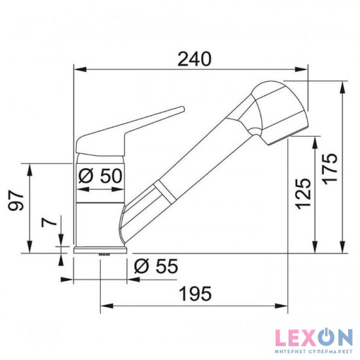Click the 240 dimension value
click(x=194, y=59)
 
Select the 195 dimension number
click(x=196, y=294)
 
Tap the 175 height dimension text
click(x=331, y=168)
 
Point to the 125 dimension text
click(x=303, y=194)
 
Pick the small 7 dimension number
click(x=49, y=223)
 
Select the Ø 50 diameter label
click(x=100, y=175)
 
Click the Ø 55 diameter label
click(x=156, y=266)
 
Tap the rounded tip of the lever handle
click(x=183, y=109)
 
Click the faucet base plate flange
click(x=100, y=250)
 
